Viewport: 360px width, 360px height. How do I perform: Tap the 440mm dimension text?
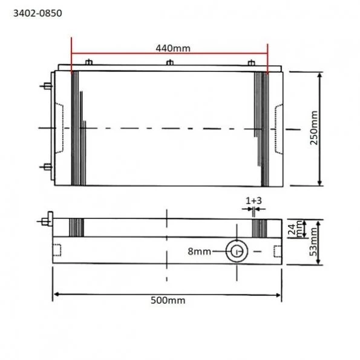(x=169, y=47)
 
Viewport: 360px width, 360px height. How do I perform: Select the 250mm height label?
(x=330, y=128)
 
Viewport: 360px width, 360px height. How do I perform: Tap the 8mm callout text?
(x=200, y=251)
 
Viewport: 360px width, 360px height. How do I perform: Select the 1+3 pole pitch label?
(x=253, y=200)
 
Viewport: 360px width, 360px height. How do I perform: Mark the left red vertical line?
(x=71, y=57)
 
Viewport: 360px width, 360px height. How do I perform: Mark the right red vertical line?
(x=267, y=57)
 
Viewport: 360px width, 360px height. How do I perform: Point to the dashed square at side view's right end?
(x=277, y=250)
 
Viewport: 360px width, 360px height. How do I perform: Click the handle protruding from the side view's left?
(x=47, y=218)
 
